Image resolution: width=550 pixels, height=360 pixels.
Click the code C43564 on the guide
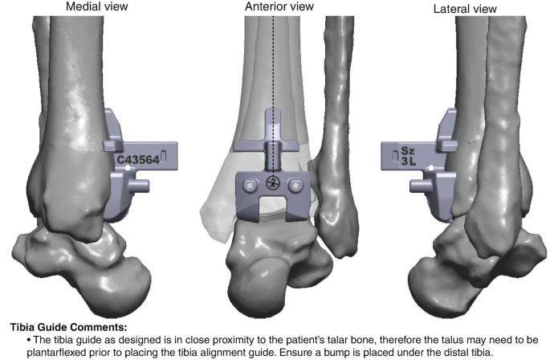[137, 159]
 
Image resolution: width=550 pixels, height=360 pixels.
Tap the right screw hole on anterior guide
[297, 185]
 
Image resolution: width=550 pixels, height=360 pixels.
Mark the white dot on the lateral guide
[431, 167]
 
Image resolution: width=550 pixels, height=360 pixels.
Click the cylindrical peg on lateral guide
[418, 185]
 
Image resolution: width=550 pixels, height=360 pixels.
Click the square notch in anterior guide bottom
[272, 211]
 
